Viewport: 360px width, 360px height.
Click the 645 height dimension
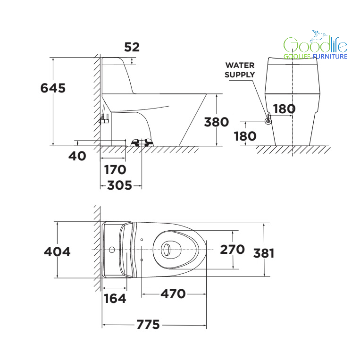point(53,88)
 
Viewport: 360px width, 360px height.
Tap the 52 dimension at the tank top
point(132,47)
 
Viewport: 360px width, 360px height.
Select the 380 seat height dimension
point(216,122)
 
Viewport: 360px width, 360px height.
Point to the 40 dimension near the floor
point(77,156)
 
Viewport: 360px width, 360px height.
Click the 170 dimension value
point(115,170)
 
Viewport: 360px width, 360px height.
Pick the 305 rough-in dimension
point(120,185)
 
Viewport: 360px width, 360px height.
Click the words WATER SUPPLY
point(240,70)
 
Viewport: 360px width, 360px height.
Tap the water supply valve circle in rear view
point(268,121)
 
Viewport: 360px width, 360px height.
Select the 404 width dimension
point(57,251)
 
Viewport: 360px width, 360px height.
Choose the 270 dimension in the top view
point(232,249)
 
